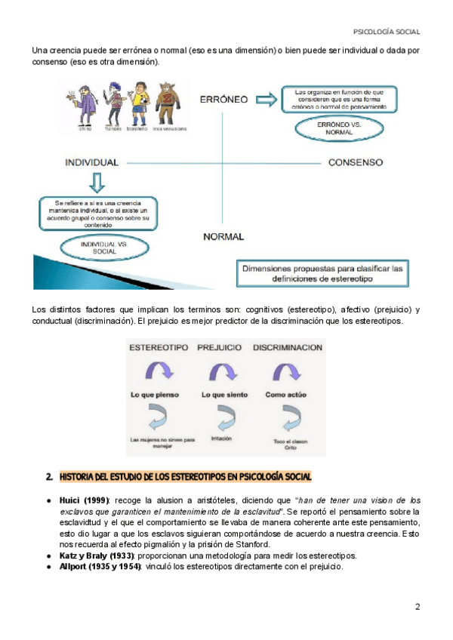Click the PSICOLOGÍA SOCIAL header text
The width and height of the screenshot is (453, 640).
tap(387, 32)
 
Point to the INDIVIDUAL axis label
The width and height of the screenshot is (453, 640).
tap(91, 162)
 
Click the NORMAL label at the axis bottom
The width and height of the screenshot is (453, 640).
tap(223, 236)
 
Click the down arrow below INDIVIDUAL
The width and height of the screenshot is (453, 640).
tap(95, 182)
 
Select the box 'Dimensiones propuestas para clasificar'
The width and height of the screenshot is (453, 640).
tap(323, 273)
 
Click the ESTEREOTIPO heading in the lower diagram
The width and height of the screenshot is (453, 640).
tap(158, 348)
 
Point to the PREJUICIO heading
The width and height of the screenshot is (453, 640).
tap(219, 348)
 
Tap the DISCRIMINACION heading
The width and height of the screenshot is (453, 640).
tap(288, 348)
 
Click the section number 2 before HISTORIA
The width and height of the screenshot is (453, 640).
tap(48, 476)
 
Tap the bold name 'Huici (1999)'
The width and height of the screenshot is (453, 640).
tap(84, 500)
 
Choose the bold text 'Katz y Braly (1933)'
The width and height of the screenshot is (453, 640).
tap(96, 555)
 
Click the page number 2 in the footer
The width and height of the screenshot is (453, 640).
tap(418, 607)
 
